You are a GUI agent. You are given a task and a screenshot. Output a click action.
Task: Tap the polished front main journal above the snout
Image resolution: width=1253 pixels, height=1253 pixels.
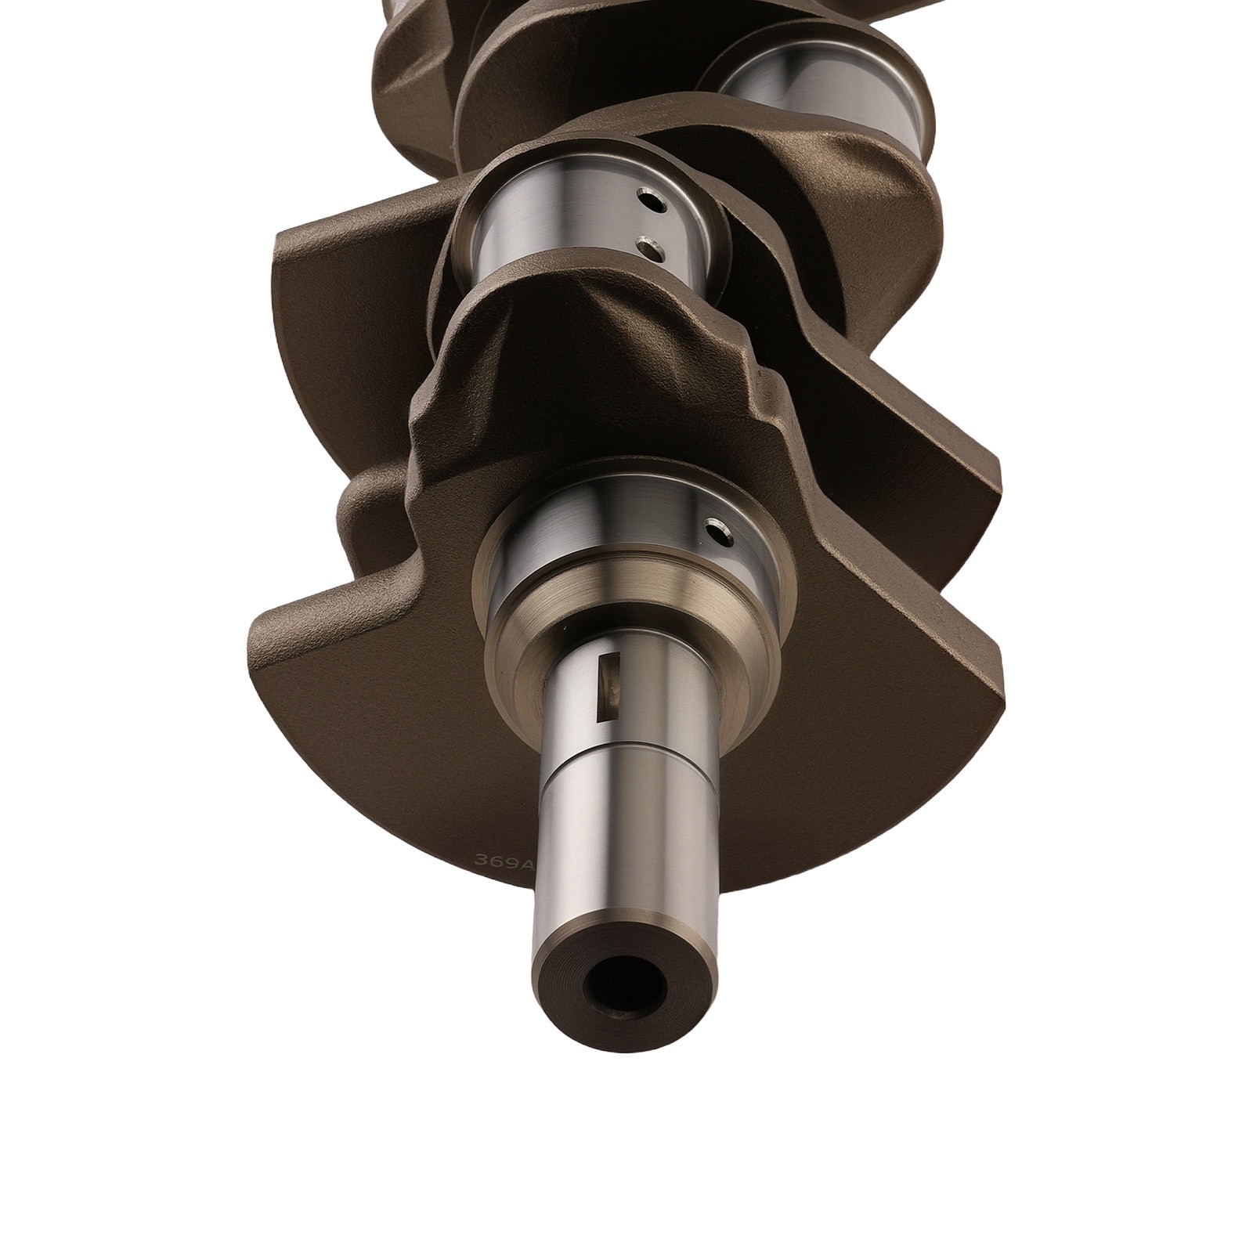[x=595, y=540]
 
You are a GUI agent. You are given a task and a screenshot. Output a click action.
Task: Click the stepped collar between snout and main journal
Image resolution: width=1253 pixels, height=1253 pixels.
[x=626, y=626]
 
